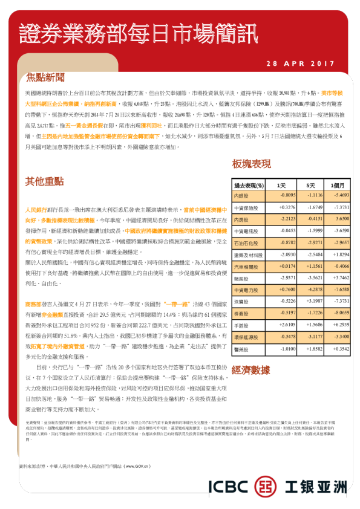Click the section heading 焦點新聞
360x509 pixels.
(x=44, y=78)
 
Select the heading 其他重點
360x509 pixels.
(x=44, y=181)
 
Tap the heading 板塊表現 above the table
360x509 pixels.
(x=251, y=164)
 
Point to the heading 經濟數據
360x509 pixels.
(x=250, y=369)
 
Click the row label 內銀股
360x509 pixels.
(x=241, y=196)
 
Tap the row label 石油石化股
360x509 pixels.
(x=244, y=242)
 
